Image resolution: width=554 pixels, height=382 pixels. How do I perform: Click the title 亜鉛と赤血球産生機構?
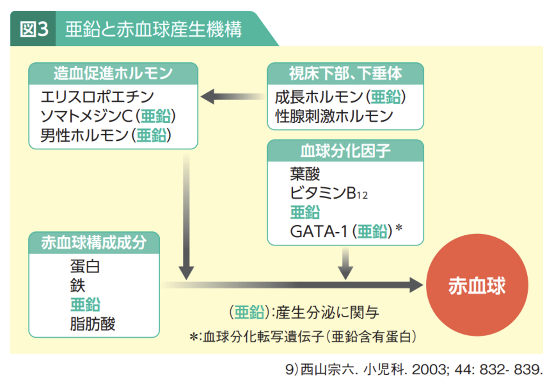153,30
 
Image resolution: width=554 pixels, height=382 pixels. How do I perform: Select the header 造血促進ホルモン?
113,73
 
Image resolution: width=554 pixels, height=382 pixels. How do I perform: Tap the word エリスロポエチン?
97,97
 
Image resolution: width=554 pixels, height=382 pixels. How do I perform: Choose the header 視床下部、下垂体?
345,73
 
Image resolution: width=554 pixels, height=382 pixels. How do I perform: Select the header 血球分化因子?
345,151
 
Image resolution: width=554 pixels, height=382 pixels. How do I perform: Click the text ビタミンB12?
328,193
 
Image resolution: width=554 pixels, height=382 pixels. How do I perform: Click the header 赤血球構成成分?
94,242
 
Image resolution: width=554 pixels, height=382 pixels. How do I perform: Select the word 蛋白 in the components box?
85,266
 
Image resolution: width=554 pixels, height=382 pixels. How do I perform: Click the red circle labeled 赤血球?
476,286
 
